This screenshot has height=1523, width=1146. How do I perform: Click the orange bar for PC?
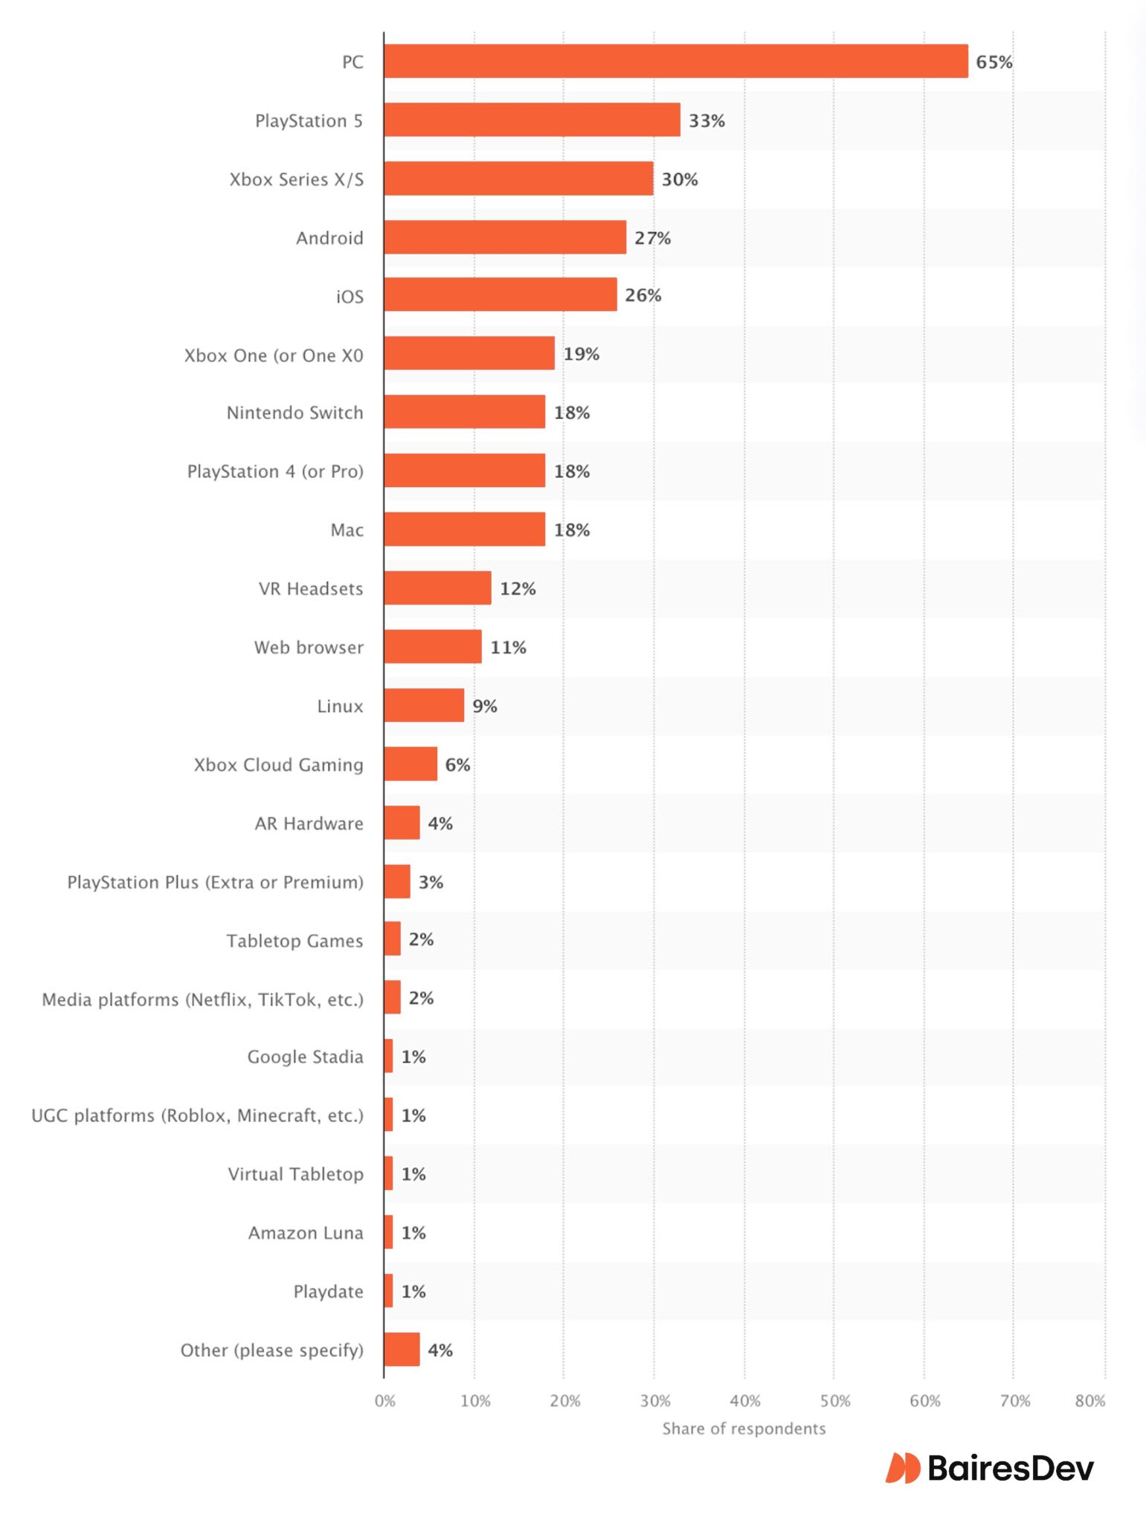(675, 61)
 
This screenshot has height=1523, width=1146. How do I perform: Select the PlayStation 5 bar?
(532, 120)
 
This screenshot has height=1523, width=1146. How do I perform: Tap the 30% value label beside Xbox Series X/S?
(680, 179)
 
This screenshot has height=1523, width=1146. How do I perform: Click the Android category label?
(329, 238)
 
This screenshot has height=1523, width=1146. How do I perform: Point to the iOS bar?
(500, 294)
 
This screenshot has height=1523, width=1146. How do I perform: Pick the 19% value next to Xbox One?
(581, 354)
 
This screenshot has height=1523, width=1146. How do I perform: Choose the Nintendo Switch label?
(294, 413)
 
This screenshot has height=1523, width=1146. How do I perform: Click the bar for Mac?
(464, 529)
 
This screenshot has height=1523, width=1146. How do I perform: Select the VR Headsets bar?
(437, 588)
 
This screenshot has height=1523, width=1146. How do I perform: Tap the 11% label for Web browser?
(508, 647)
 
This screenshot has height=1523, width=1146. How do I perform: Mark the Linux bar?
(424, 705)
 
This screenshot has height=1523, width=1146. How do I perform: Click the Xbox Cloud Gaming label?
(278, 764)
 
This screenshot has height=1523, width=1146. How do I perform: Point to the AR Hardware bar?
(402, 822)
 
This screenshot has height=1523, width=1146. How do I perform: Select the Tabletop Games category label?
(294, 941)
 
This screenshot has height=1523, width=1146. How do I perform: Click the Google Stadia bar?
(388, 1056)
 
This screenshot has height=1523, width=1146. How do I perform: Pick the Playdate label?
(328, 1292)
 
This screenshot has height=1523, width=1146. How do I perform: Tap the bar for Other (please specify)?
(402, 1350)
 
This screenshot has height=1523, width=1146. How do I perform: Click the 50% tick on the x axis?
(834, 1401)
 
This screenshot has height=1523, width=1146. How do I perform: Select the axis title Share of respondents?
(744, 1429)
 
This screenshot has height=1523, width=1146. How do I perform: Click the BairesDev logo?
(989, 1468)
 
